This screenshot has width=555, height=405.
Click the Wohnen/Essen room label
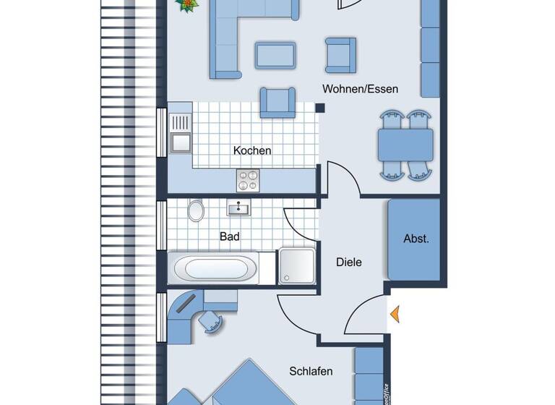[x=360, y=89]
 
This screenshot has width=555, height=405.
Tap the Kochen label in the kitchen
[x=252, y=150]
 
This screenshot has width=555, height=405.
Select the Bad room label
[x=230, y=236]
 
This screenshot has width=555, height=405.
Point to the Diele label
[x=348, y=262]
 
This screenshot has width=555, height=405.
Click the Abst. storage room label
[x=416, y=239]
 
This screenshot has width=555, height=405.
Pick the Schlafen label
[x=311, y=371]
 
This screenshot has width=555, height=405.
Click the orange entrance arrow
[x=395, y=314]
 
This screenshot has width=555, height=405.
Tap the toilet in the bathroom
[x=195, y=210]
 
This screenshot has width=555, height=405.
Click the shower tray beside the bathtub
[x=296, y=267]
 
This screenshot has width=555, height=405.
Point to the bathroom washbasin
[x=238, y=209]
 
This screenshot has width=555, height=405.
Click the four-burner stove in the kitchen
[x=247, y=179]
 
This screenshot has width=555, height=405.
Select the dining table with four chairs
[x=405, y=145]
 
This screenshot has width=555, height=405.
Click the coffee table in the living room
[x=275, y=55]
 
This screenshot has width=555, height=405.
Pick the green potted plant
[x=188, y=6]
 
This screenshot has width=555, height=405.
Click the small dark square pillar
[x=319, y=108]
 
